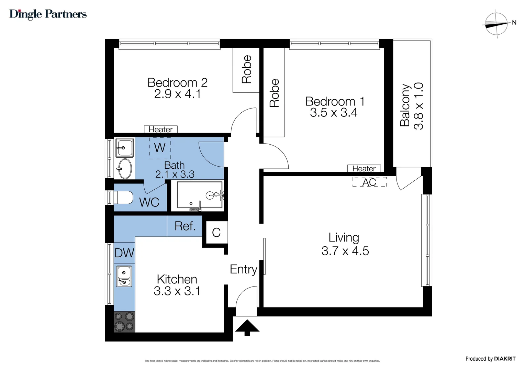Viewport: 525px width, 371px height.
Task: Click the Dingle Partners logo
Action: pyautogui.click(x=48, y=14)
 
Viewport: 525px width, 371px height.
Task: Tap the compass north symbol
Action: pyautogui.click(x=496, y=24)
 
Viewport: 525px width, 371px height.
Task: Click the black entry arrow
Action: pyautogui.click(x=247, y=327)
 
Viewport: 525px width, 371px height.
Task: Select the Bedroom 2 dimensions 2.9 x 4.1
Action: pyautogui.click(x=177, y=94)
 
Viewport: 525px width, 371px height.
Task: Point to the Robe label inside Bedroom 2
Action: pyautogui.click(x=246, y=69)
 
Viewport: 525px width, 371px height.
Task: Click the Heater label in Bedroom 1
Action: pyautogui.click(x=364, y=169)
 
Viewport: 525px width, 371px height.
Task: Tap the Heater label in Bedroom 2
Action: pyautogui.click(x=160, y=130)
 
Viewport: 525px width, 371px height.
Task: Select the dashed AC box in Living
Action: pyautogui.click(x=369, y=182)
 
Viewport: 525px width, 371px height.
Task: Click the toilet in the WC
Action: pyautogui.click(x=124, y=198)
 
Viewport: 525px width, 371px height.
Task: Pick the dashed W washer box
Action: pyautogui.click(x=160, y=148)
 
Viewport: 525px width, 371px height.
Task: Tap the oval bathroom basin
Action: pyautogui.click(x=124, y=169)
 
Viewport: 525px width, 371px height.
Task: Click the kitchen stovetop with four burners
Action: pyautogui.click(x=124, y=322)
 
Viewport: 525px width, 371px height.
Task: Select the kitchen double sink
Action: pyautogui.click(x=124, y=277)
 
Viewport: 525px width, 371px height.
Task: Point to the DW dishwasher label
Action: pyautogui.click(x=124, y=253)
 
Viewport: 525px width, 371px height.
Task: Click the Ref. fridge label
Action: pyautogui.click(x=185, y=226)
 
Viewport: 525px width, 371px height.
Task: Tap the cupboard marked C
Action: pyautogui.click(x=216, y=233)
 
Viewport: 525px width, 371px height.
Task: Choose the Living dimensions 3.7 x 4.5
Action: pyautogui.click(x=345, y=251)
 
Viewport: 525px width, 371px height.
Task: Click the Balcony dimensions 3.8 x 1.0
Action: pyautogui.click(x=418, y=106)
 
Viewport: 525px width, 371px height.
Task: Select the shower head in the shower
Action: pyautogui.click(x=210, y=195)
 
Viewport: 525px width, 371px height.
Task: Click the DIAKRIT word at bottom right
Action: pyautogui.click(x=505, y=359)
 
